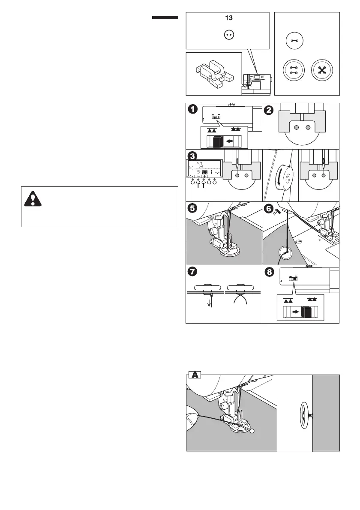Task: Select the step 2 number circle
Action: (x=269, y=110)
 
